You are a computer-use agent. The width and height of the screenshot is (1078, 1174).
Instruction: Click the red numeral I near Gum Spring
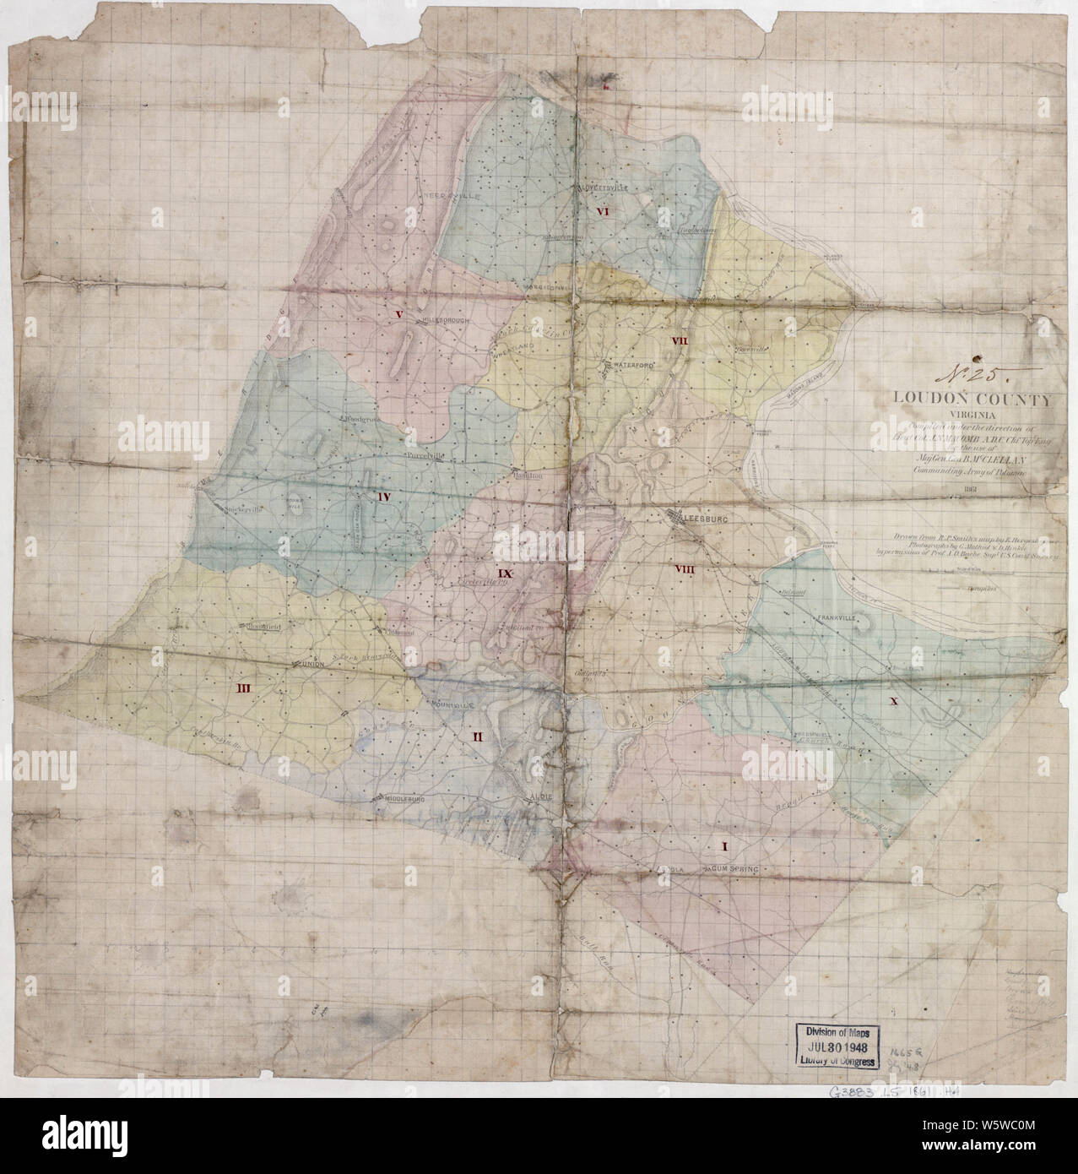coord(723,845)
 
